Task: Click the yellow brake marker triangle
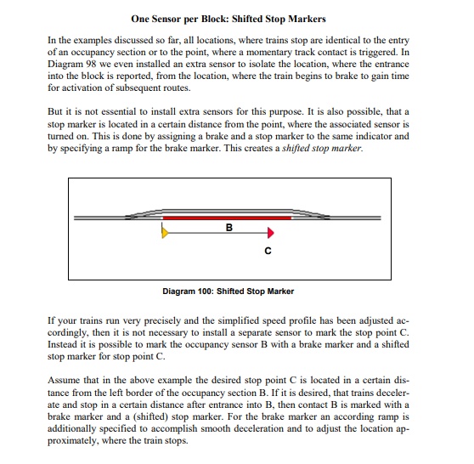pyautogui.click(x=165, y=233)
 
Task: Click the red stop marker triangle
pyautogui.click(x=271, y=233)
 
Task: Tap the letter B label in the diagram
pyautogui.click(x=229, y=228)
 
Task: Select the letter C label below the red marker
pyautogui.click(x=268, y=251)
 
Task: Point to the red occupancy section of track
pyautogui.click(x=227, y=218)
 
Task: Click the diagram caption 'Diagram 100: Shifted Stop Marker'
pyautogui.click(x=229, y=291)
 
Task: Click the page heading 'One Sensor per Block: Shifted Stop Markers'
pyautogui.click(x=229, y=19)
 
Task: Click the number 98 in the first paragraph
pyautogui.click(x=90, y=64)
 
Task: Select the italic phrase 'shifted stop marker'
pyautogui.click(x=322, y=148)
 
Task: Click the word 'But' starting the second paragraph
pyautogui.click(x=54, y=111)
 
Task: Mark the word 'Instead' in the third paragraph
pyautogui.click(x=62, y=344)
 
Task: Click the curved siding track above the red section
pyautogui.click(x=228, y=211)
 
